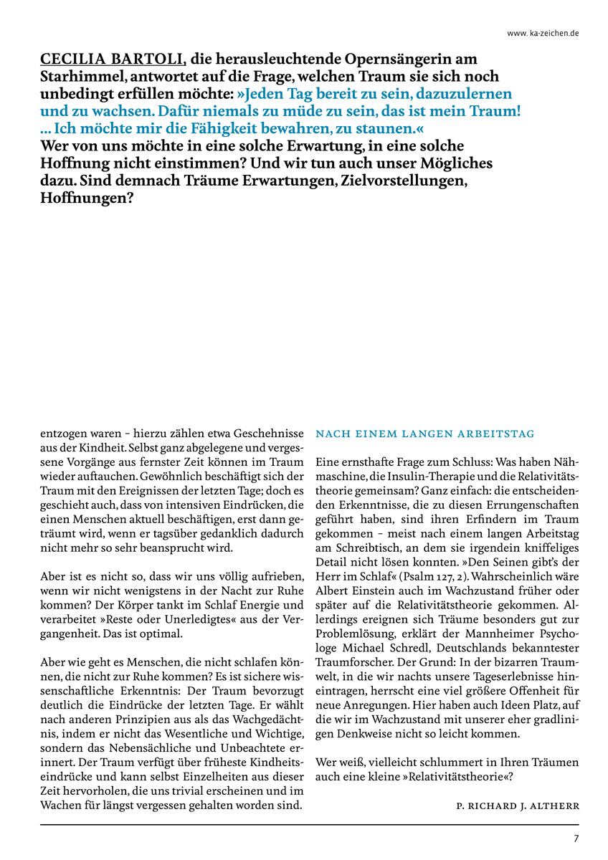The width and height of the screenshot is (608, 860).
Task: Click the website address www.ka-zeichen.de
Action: [x=543, y=33]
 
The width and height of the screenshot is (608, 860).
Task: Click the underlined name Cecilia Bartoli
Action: [x=108, y=59]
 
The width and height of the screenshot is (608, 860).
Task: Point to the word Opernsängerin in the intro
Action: [x=402, y=59]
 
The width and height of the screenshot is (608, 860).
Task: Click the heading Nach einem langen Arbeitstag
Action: [x=425, y=434]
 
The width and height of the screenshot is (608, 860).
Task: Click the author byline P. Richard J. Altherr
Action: [x=517, y=806]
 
